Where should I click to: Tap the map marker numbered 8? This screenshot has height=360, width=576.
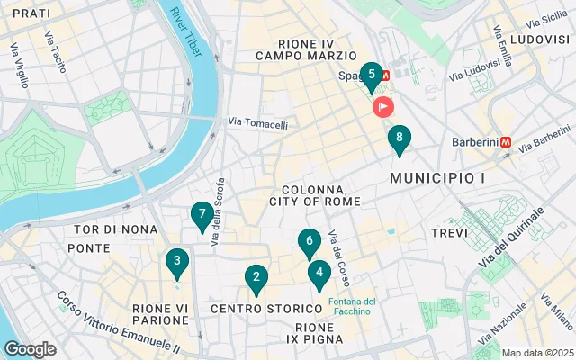click(x=399, y=139)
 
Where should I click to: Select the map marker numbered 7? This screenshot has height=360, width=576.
click(x=202, y=216)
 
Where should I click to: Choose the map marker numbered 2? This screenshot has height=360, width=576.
click(x=256, y=278)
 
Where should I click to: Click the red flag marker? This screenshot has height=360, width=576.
click(x=383, y=107)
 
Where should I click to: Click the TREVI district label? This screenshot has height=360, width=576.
click(x=449, y=233)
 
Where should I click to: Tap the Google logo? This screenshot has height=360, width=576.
click(x=31, y=349)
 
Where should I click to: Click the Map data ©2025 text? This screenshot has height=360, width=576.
click(x=536, y=353)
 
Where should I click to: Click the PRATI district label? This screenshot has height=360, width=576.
click(x=31, y=13)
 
